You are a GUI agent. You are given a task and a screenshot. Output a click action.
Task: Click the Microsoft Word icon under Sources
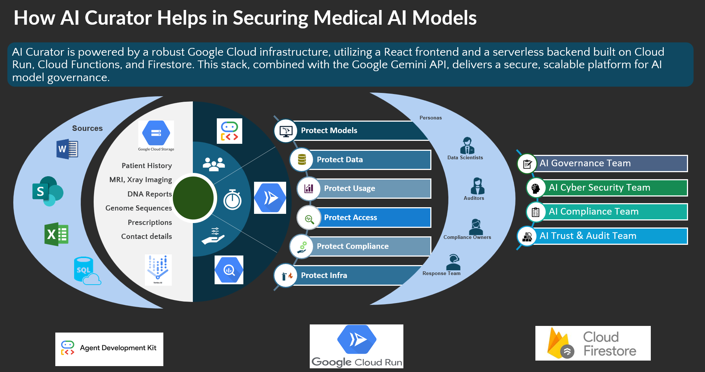coord(67,149)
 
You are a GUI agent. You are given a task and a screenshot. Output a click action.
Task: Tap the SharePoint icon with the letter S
coord(48,191)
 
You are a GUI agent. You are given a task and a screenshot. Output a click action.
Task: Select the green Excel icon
coord(56,234)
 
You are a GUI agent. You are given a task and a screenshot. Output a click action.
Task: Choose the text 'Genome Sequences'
coord(139,208)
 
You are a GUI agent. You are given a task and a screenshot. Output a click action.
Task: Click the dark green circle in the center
coord(193,198)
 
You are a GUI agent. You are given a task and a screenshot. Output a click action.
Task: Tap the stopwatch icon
coord(232,200)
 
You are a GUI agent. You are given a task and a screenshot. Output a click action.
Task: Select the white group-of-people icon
coord(213,164)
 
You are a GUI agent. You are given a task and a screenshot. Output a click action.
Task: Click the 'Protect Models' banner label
coord(329,131)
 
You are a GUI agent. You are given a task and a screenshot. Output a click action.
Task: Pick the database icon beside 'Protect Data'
coord(302,160)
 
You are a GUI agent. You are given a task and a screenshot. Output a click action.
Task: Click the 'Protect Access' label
coord(350,218)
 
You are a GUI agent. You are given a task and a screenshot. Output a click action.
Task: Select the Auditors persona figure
coord(477,186)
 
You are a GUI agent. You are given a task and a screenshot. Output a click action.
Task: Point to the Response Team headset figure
coord(453,262)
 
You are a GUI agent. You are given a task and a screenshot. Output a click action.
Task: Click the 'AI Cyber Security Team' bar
coord(599,188)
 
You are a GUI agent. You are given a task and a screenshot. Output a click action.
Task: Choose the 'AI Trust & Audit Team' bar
coord(588,236)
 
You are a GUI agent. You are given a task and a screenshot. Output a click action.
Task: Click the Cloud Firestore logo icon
coord(559,344)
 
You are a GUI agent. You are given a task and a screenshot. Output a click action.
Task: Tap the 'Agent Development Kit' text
coord(118,348)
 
